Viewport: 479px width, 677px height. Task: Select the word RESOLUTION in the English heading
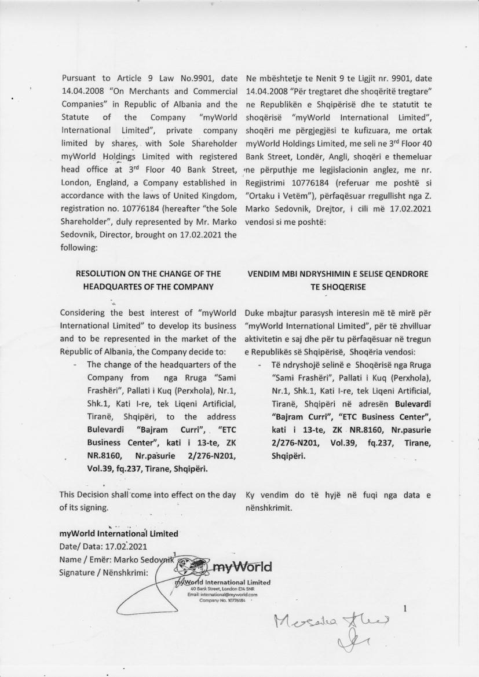point(102,274)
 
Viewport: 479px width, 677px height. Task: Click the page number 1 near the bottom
point(405,608)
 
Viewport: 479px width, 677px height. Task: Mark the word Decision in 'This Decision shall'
point(97,495)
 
